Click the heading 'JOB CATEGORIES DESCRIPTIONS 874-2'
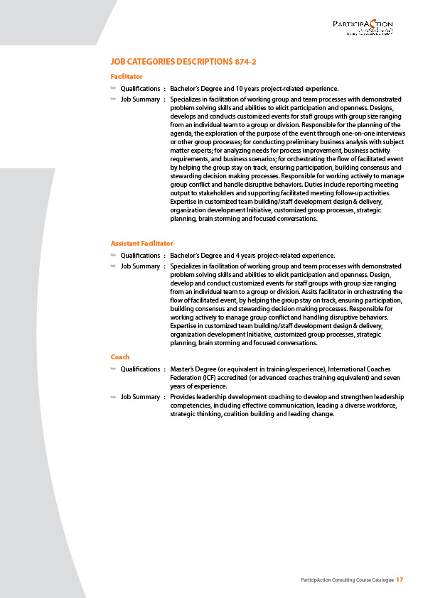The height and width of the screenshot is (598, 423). tap(183, 62)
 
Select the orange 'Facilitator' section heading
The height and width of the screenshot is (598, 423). tap(127, 76)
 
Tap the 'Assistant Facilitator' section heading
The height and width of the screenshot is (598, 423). tap(141, 243)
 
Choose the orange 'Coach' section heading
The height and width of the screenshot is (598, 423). tap(120, 357)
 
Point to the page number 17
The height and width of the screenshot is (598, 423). tap(400, 580)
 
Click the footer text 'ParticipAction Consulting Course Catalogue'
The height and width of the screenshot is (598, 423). tap(347, 581)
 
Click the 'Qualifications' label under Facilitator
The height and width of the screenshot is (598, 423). tap(140, 89)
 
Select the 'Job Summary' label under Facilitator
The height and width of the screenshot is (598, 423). tap(140, 99)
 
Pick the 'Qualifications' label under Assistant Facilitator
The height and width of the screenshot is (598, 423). tap(140, 256)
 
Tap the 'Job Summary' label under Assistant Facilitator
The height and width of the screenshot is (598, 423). tap(140, 266)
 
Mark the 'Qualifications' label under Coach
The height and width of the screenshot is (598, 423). tap(140, 369)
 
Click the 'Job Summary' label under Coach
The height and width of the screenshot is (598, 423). tap(140, 396)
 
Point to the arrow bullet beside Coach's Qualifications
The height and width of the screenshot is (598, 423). tap(113, 369)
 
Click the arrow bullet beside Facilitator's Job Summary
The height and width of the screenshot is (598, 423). tap(113, 99)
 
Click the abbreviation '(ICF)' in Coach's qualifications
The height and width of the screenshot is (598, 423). tap(209, 378)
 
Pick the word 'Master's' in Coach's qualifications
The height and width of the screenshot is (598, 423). tap(184, 369)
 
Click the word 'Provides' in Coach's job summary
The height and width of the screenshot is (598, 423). tap(184, 396)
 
